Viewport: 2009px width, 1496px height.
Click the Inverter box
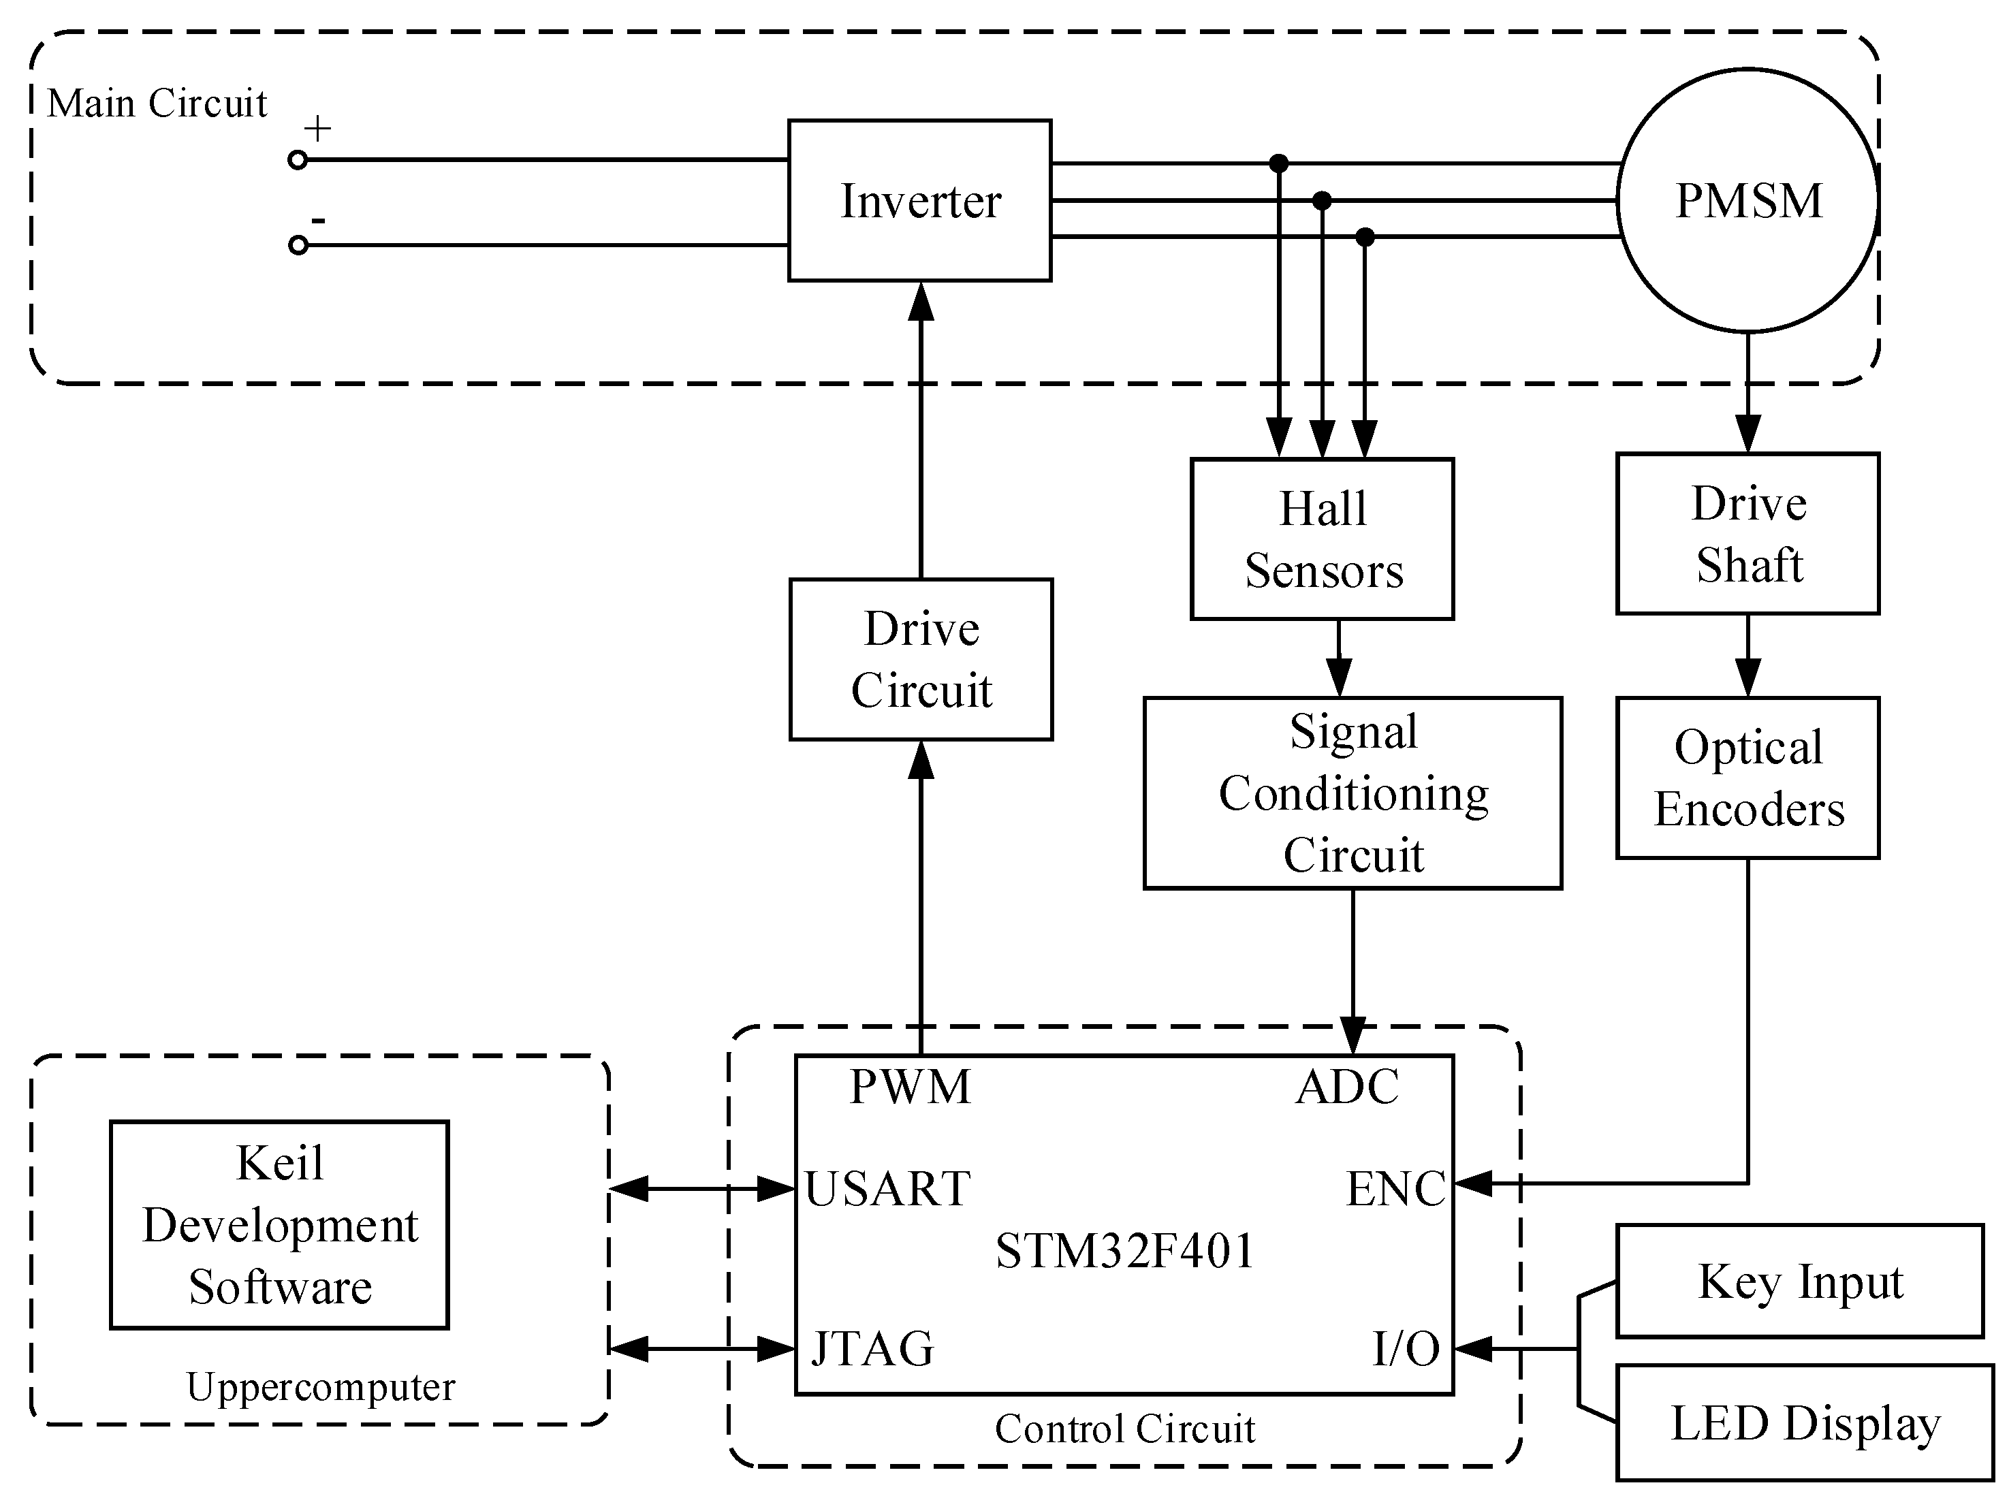[919, 200]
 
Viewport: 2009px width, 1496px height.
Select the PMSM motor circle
[1747, 200]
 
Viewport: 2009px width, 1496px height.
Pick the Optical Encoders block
[1747, 777]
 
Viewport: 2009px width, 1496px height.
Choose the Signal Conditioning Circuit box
[1352, 793]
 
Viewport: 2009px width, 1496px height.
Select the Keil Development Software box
[279, 1224]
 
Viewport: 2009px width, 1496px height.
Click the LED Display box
[1804, 1422]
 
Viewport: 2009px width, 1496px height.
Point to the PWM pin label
[909, 1087]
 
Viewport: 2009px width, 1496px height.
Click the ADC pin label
[1347, 1087]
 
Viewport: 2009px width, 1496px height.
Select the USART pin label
[887, 1188]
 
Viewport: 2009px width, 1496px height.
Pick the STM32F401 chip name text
[1124, 1251]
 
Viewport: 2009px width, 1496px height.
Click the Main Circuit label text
[157, 104]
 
